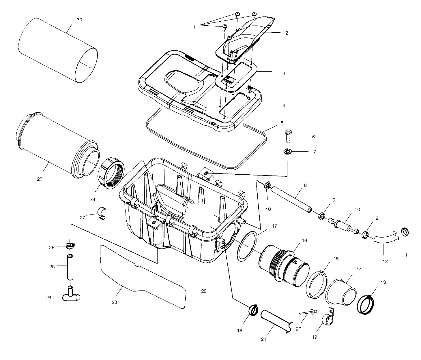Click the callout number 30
tap(79, 20)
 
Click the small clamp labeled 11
tap(405, 231)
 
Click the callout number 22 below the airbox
tap(204, 291)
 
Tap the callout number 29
tap(40, 179)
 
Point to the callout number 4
tap(284, 105)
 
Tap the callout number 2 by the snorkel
tap(287, 33)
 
